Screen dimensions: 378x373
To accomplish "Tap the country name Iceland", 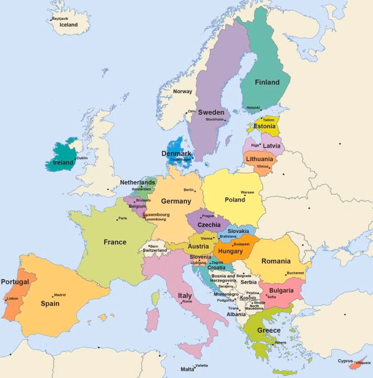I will point(69,25).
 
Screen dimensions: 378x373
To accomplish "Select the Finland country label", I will point(267,82).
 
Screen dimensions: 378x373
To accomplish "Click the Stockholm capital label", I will point(214,119).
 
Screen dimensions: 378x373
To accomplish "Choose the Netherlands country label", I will point(138,182).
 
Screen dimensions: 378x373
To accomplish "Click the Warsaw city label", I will point(247,192).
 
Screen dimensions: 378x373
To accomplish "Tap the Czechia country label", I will point(209,225).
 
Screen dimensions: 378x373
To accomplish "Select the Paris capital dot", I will point(117,218).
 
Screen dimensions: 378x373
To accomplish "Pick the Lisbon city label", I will point(13,298).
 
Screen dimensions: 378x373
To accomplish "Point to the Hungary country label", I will point(231,251).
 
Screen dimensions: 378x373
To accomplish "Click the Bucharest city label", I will point(295,273).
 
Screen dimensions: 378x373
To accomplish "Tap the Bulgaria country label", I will point(281,290).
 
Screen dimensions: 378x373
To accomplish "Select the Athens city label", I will point(280,342).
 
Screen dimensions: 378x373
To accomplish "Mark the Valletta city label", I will point(201,365).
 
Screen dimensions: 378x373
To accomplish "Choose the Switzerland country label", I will point(155,250).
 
